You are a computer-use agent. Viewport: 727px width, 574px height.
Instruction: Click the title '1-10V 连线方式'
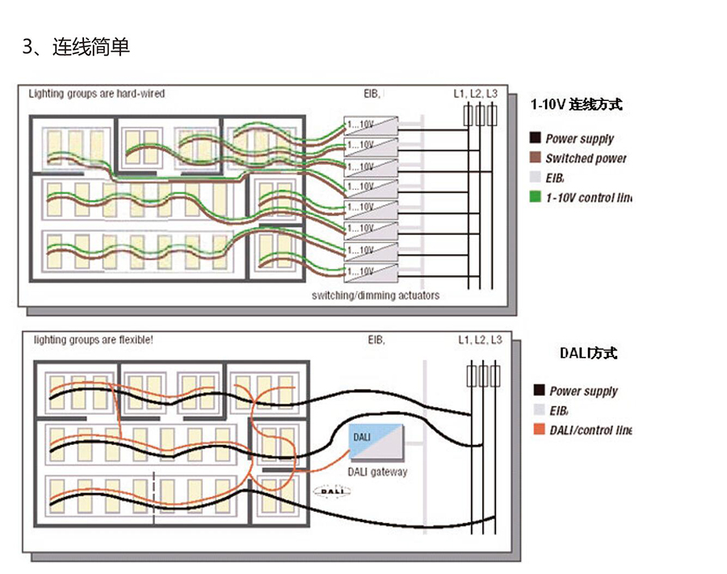pyautogui.click(x=576, y=104)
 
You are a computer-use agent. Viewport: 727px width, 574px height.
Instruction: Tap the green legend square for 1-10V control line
pyautogui.click(x=535, y=197)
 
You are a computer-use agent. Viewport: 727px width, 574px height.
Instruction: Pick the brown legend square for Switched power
pyautogui.click(x=535, y=158)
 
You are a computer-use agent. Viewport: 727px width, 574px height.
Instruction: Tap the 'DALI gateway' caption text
pyautogui.click(x=377, y=471)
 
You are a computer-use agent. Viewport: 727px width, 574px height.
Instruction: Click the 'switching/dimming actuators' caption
pyautogui.click(x=376, y=295)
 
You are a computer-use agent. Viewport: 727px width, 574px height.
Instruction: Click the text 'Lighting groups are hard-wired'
pyautogui.click(x=97, y=94)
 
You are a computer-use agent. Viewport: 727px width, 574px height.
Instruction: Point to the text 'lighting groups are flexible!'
pyautogui.click(x=93, y=340)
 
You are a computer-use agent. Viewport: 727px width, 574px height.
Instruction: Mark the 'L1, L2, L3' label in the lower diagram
pyautogui.click(x=480, y=340)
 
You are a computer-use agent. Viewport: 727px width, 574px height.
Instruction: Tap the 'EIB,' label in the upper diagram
pyautogui.click(x=372, y=94)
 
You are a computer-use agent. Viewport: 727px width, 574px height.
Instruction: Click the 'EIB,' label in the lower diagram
pyautogui.click(x=376, y=340)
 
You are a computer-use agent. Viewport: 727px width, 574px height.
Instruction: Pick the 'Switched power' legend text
pyautogui.click(x=586, y=158)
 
